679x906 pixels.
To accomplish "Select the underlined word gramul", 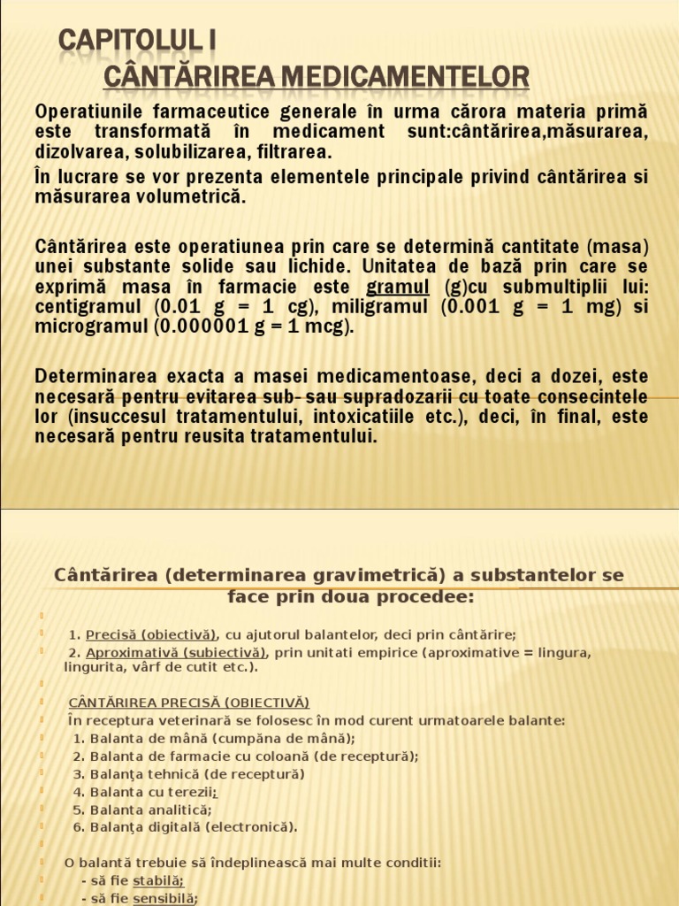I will (398, 287).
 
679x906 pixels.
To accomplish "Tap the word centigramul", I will (88, 307).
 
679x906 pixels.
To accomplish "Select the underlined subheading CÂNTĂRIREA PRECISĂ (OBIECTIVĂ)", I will (188, 703).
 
